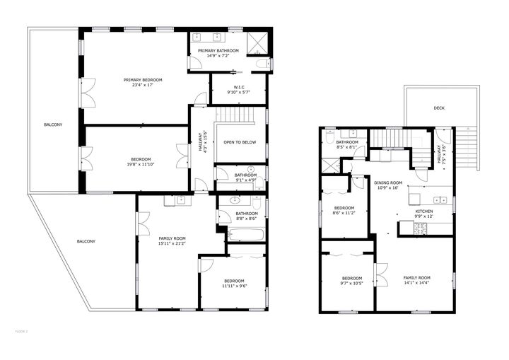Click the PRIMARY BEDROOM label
143,80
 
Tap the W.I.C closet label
239,88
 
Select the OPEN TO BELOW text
240,142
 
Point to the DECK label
439,108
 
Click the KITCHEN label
424,211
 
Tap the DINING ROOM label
387,182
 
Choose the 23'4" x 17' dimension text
143,86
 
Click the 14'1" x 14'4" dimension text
416,284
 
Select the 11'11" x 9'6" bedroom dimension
233,286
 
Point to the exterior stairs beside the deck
469,149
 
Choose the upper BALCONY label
53,125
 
